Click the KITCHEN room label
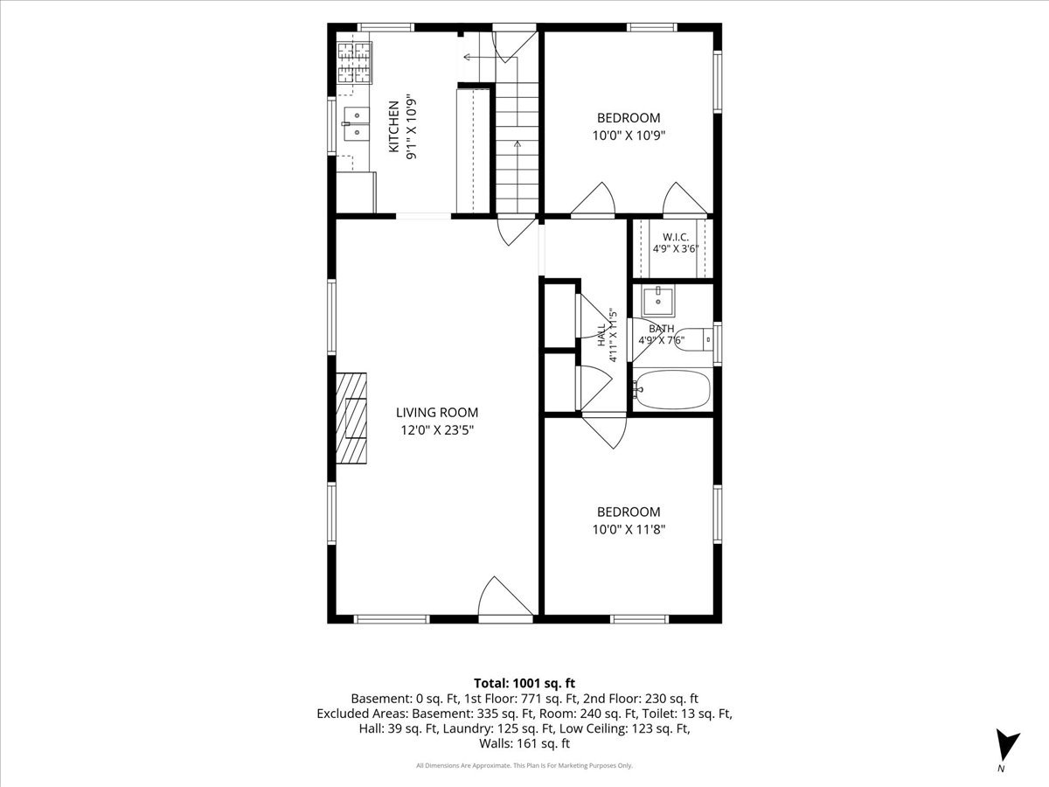click(393, 127)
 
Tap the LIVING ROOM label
click(437, 413)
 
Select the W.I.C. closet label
click(676, 237)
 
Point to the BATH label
click(662, 329)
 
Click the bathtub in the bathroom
click(672, 390)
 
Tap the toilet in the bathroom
click(694, 340)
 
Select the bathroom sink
click(658, 302)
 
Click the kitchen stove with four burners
click(355, 63)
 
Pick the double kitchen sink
click(356, 124)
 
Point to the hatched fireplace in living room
click(351, 418)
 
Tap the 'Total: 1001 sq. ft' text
click(524, 683)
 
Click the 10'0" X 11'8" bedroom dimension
click(629, 529)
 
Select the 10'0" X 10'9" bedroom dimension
click(629, 136)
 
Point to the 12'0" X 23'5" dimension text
click(437, 430)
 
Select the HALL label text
click(601, 336)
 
